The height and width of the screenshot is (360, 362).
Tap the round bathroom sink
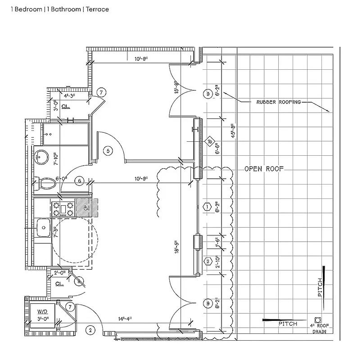coord(42,157)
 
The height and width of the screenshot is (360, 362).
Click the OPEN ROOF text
coord(265,169)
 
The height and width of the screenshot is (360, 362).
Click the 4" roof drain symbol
coord(319,320)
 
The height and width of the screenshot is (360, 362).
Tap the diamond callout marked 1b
coord(210,142)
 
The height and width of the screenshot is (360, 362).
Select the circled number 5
coord(108,151)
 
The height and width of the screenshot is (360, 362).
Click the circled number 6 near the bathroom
coord(79,181)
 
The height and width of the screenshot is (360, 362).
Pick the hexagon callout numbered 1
coord(208,207)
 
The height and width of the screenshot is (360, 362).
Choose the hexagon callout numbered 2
coord(208,261)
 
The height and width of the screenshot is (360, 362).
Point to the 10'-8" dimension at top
coord(143,58)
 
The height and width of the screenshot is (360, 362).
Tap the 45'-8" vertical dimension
coord(232,133)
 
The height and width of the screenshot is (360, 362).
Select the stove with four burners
coord(63,208)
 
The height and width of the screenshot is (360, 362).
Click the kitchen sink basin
coord(44,228)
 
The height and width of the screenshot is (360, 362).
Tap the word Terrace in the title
coord(97,9)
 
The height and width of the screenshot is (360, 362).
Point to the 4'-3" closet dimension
coord(71,95)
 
